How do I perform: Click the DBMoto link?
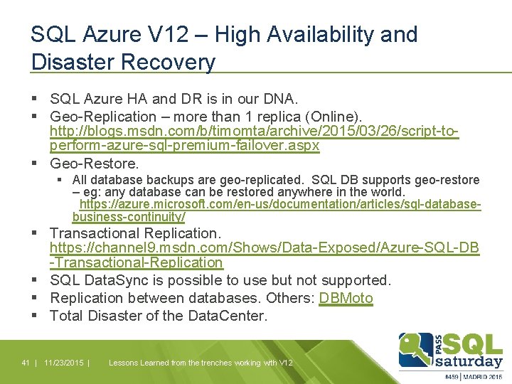pyautogui.click(x=346, y=298)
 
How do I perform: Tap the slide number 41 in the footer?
pyautogui.click(x=25, y=363)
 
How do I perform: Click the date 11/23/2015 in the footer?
pyautogui.click(x=63, y=363)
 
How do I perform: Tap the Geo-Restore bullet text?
pyautogui.click(x=95, y=163)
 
